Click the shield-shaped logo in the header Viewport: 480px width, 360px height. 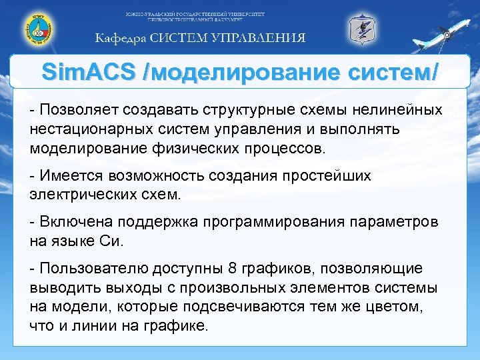coord(363,29)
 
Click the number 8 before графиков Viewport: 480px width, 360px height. coord(231,269)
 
